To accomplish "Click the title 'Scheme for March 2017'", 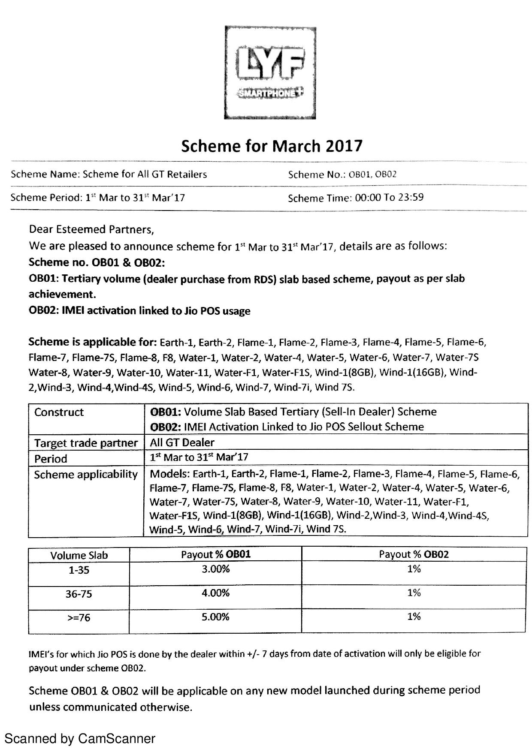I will click(x=272, y=146).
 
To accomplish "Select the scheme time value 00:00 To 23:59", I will click(x=389, y=198).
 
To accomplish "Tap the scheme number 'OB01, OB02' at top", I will click(x=372, y=174).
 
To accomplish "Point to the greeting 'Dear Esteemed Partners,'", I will click(x=91, y=230).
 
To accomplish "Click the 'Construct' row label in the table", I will click(x=59, y=412).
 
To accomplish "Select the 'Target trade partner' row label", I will click(x=86, y=443).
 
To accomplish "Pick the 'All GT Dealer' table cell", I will click(x=182, y=442).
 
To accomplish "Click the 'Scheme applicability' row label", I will click(x=86, y=475).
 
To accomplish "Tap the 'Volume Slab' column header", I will click(x=79, y=556).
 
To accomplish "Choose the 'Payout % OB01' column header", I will click(x=216, y=554).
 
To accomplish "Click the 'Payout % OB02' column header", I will click(x=414, y=554).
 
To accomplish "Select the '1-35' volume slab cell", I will click(x=79, y=570).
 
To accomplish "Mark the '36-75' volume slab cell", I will click(x=79, y=594).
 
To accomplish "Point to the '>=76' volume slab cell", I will click(x=79, y=618).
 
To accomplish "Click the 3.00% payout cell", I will click(x=216, y=569).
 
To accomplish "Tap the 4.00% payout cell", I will click(x=216, y=593).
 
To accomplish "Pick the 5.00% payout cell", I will click(x=216, y=617).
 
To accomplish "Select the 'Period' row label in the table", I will click(x=51, y=459).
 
